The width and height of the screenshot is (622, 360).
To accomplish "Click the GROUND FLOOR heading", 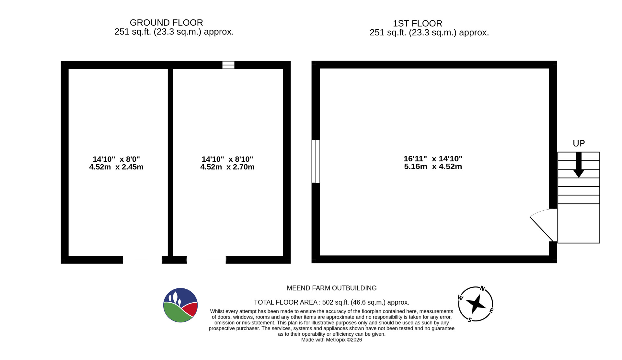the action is pos(166,23).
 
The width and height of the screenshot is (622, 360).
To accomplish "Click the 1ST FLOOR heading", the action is pos(417,23).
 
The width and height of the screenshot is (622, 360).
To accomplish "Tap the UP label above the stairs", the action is pos(579,144).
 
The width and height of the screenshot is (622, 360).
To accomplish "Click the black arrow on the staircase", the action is pos(579,165).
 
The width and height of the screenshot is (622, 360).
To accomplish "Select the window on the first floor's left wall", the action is pos(316,161).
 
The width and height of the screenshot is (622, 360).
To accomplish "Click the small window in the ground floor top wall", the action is pos(228,65).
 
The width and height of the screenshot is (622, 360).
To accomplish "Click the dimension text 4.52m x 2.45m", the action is pos(116,167).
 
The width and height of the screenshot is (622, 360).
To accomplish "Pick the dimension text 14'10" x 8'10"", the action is pos(227,159).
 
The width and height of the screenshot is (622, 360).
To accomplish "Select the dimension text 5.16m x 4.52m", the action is pos(433,167).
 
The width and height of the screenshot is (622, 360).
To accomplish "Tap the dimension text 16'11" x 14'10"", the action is pos(433,159).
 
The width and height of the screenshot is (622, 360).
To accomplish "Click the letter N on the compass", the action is pos(482,288).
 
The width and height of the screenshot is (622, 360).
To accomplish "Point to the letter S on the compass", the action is pos(469,320).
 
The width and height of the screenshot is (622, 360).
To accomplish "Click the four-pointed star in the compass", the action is pos(476,304).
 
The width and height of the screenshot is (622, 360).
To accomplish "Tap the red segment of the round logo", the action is pos(190,309).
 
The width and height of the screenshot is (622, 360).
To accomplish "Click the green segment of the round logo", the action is pos(177,313).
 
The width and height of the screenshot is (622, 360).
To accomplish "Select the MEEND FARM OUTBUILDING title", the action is pos(332,288).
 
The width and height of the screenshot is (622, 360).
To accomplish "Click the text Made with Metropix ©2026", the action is pos(331,340).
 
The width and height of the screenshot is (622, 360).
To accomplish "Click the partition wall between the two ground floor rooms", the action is pos(170,162).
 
